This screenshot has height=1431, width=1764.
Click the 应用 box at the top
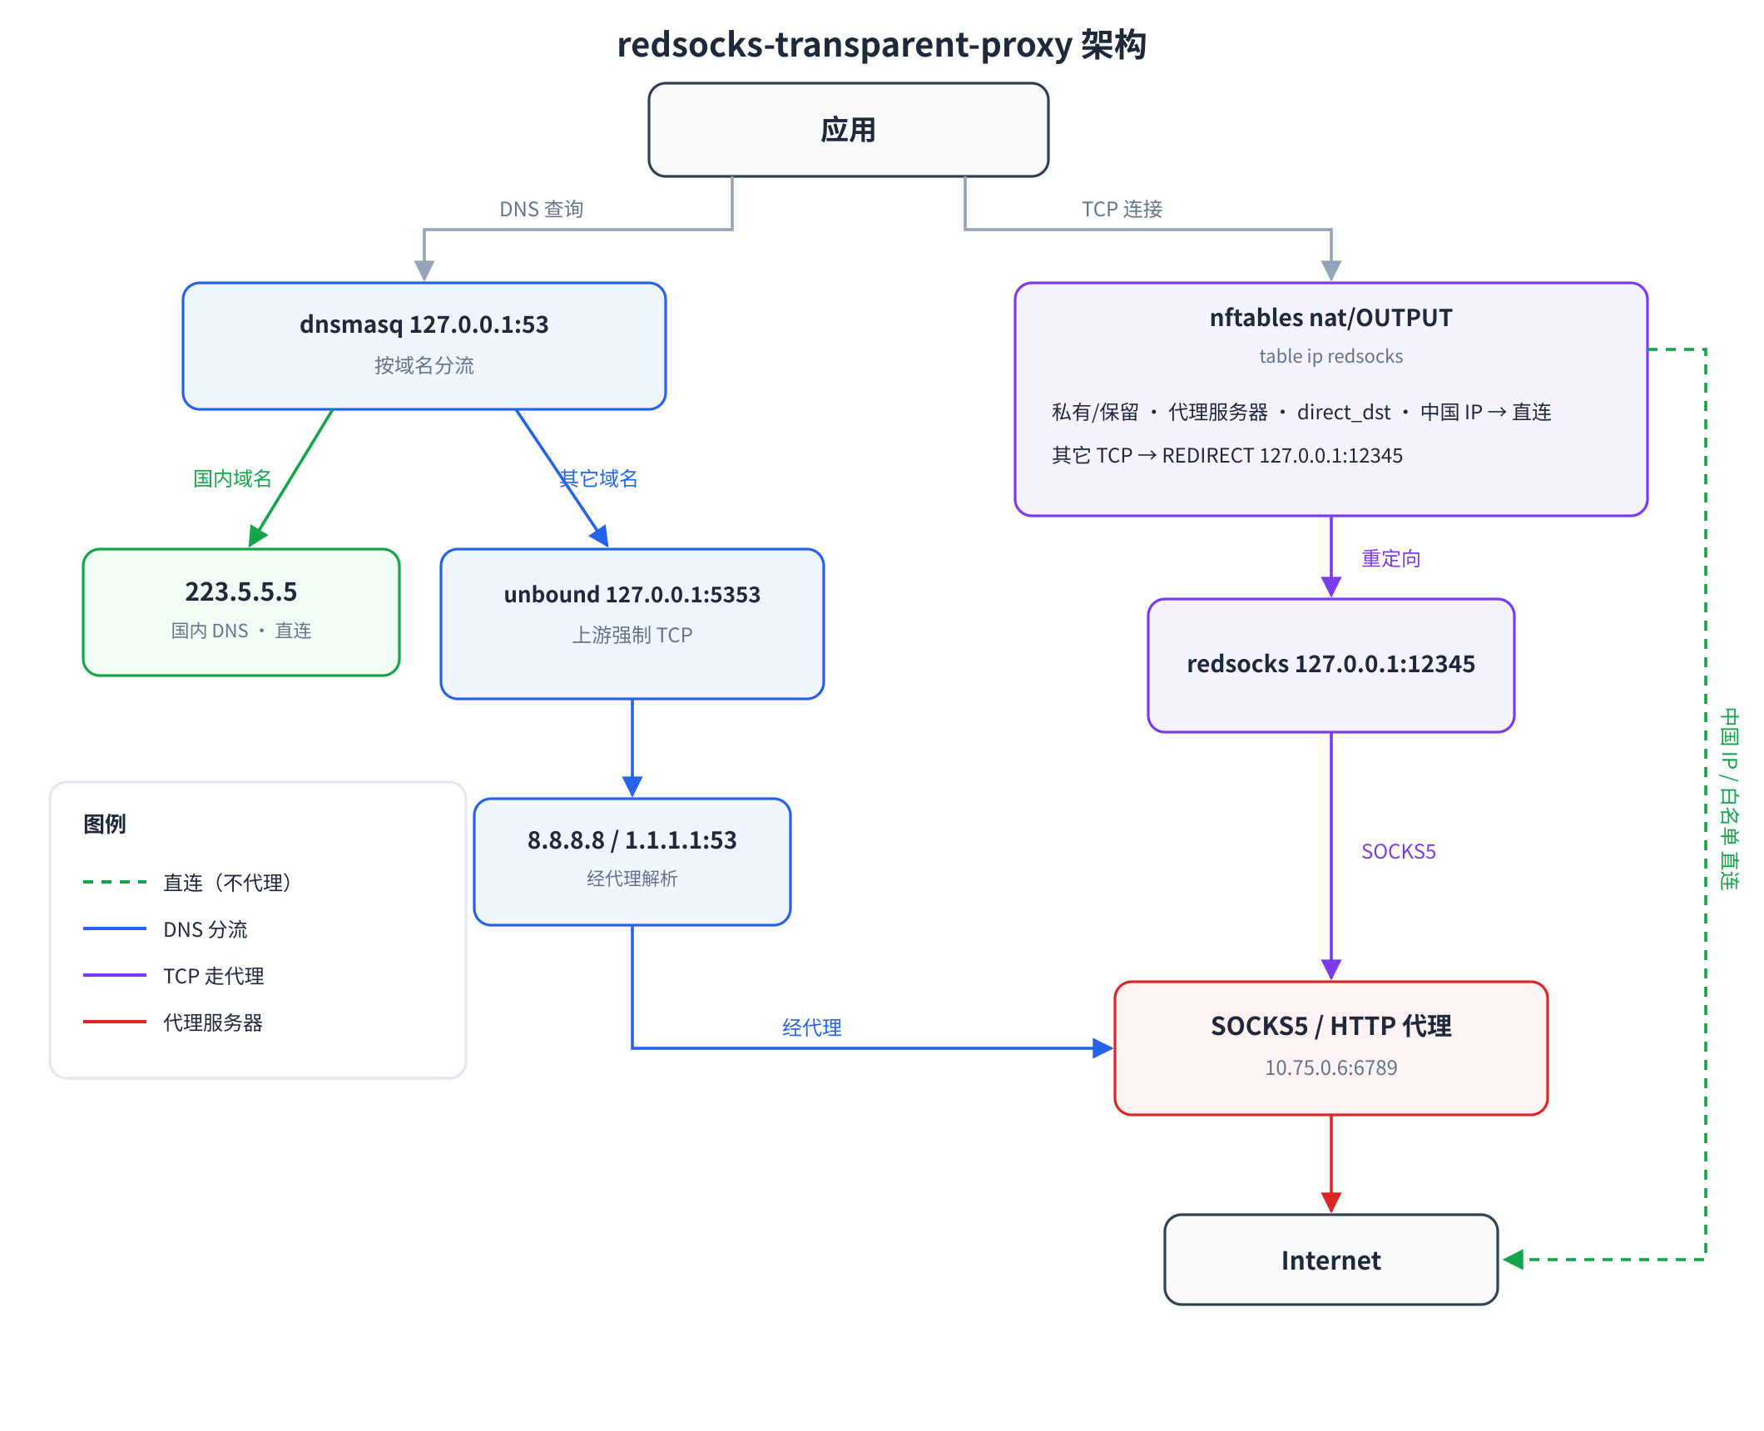click(848, 130)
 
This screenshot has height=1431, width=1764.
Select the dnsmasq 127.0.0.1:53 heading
click(424, 324)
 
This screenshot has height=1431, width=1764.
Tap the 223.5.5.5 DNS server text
click(241, 592)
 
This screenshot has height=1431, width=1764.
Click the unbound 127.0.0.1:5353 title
click(632, 594)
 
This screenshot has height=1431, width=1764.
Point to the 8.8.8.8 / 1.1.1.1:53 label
click(632, 840)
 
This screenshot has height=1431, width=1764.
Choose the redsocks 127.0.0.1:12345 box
click(1331, 666)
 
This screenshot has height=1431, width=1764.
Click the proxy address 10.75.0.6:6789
click(1331, 1067)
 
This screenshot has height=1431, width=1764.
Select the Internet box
click(1331, 1260)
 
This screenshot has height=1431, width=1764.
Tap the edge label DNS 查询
click(542, 209)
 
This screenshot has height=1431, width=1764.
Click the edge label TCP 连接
click(1122, 209)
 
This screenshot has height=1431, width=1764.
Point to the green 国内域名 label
click(233, 478)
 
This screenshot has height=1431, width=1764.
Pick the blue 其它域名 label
click(598, 478)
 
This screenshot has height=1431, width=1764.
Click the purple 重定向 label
click(1391, 558)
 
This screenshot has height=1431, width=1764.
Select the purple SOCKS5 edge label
click(1399, 851)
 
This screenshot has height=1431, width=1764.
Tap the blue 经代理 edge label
click(812, 1027)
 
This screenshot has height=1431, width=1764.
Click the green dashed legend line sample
click(115, 882)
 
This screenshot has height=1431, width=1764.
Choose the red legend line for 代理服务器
click(115, 1022)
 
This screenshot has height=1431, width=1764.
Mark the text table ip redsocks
click(1331, 356)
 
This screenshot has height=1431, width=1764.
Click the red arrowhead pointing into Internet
click(1331, 1203)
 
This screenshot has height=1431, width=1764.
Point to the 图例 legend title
click(105, 824)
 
